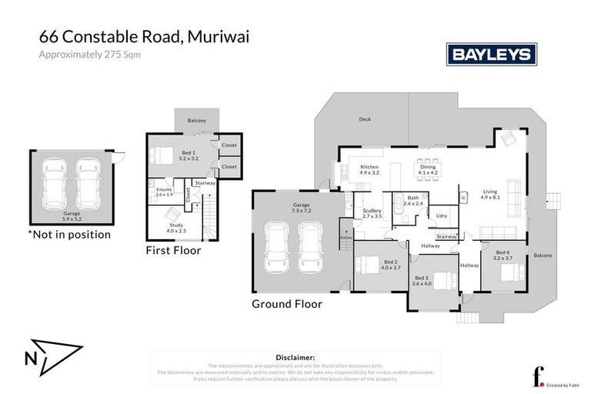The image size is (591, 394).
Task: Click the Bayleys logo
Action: point(491,54)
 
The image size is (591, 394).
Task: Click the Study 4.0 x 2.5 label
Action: point(176,227)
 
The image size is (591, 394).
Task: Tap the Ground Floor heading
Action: point(287,304)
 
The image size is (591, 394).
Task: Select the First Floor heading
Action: point(173,250)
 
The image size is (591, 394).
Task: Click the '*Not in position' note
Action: point(69,234)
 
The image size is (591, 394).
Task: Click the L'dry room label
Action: point(442,216)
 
